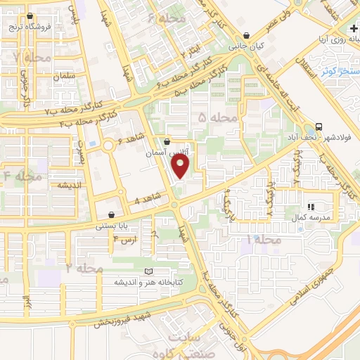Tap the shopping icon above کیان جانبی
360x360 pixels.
[x=246, y=35]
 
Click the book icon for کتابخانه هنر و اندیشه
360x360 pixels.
[x=148, y=271]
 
